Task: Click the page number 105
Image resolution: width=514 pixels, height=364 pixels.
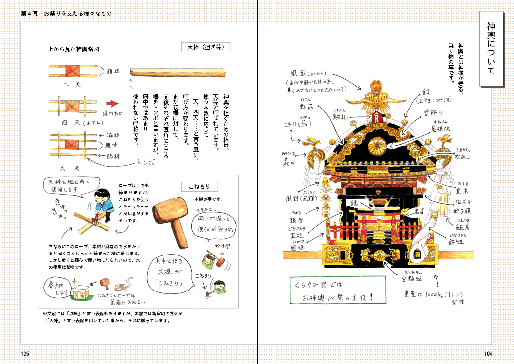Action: click(26, 353)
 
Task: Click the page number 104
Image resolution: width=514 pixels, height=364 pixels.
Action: click(488, 353)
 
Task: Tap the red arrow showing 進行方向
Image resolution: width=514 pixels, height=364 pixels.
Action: click(113, 104)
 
